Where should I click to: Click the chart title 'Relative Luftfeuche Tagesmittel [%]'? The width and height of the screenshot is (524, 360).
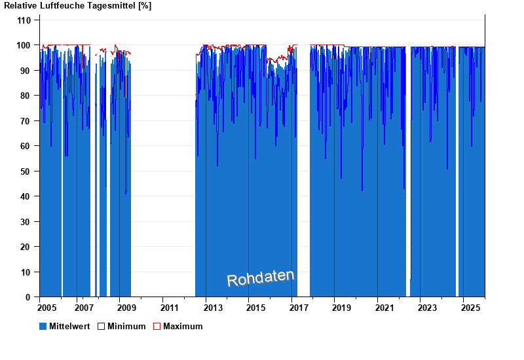77,6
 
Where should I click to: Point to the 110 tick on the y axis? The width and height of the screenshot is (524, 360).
24,20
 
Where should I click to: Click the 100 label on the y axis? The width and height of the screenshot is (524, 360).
24,45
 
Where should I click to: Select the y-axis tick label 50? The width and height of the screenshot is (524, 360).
26,171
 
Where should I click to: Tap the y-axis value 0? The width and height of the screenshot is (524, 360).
28,297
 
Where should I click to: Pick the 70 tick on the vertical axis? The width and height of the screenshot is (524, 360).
26,121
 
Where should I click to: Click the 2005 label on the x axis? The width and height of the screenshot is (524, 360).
47,308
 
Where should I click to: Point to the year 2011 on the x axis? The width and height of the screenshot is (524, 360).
169,308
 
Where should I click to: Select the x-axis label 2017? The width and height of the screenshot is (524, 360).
299,308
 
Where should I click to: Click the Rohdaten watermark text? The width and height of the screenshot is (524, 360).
261,278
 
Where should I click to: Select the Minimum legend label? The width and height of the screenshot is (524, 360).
126,326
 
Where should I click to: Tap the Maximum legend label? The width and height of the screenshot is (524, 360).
183,326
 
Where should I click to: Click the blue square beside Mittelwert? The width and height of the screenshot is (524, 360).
43,326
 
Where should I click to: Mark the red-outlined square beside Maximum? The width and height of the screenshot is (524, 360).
157,326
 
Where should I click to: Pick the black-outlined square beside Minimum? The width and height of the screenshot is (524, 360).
101,326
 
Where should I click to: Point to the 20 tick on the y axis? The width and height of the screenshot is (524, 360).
26,247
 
